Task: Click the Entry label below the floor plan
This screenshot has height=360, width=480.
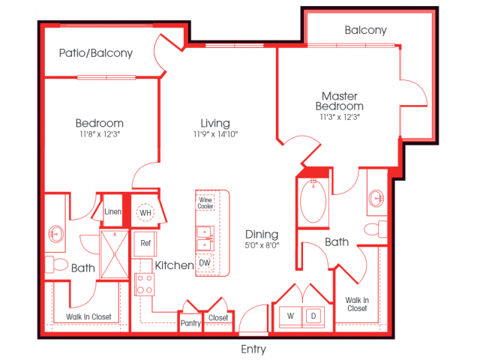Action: [x=253, y=349]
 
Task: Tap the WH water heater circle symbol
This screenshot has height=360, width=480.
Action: [x=145, y=213]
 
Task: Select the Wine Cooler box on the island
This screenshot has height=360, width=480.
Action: [x=205, y=202]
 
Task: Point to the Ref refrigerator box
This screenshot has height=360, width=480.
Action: [x=144, y=243]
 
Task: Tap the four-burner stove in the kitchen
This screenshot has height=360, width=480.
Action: [x=144, y=284]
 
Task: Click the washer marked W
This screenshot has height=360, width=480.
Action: [x=290, y=316]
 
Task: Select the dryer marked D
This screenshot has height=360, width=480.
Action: [x=313, y=316]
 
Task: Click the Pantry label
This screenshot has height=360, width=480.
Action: [x=190, y=323]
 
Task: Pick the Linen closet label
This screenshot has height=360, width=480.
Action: [x=113, y=212]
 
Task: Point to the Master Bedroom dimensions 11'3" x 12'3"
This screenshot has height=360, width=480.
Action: [x=340, y=116]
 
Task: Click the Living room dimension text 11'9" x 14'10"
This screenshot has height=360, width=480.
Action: [x=215, y=134]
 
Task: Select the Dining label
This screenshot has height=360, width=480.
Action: [x=262, y=234]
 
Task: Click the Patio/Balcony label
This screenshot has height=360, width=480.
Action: [x=96, y=53]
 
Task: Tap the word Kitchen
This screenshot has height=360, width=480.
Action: [x=174, y=265]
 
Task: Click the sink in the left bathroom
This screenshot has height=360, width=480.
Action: [x=55, y=232]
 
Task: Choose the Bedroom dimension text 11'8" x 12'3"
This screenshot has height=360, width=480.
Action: [x=99, y=134]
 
